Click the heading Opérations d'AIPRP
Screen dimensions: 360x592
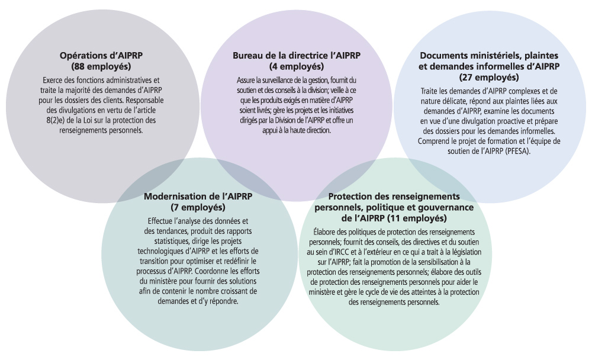pos(101,55)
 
